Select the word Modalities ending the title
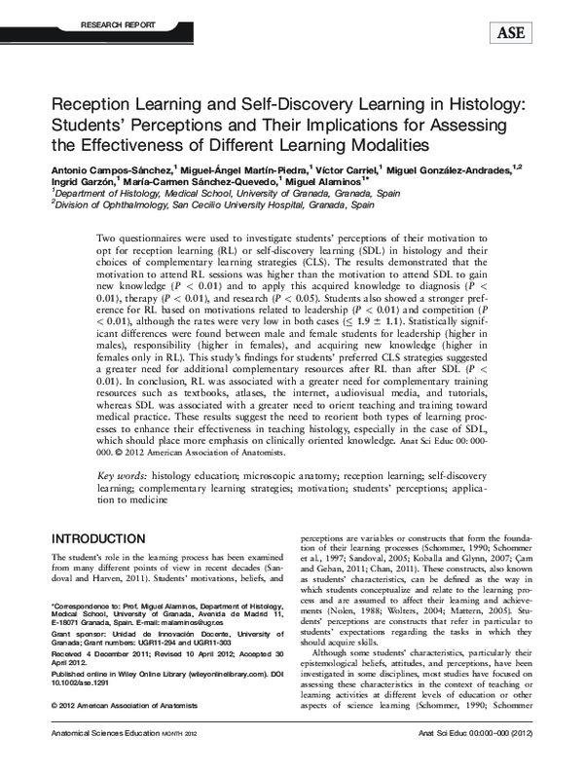(x=375, y=145)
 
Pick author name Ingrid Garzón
(x=80, y=181)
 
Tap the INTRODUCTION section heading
(x=98, y=538)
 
